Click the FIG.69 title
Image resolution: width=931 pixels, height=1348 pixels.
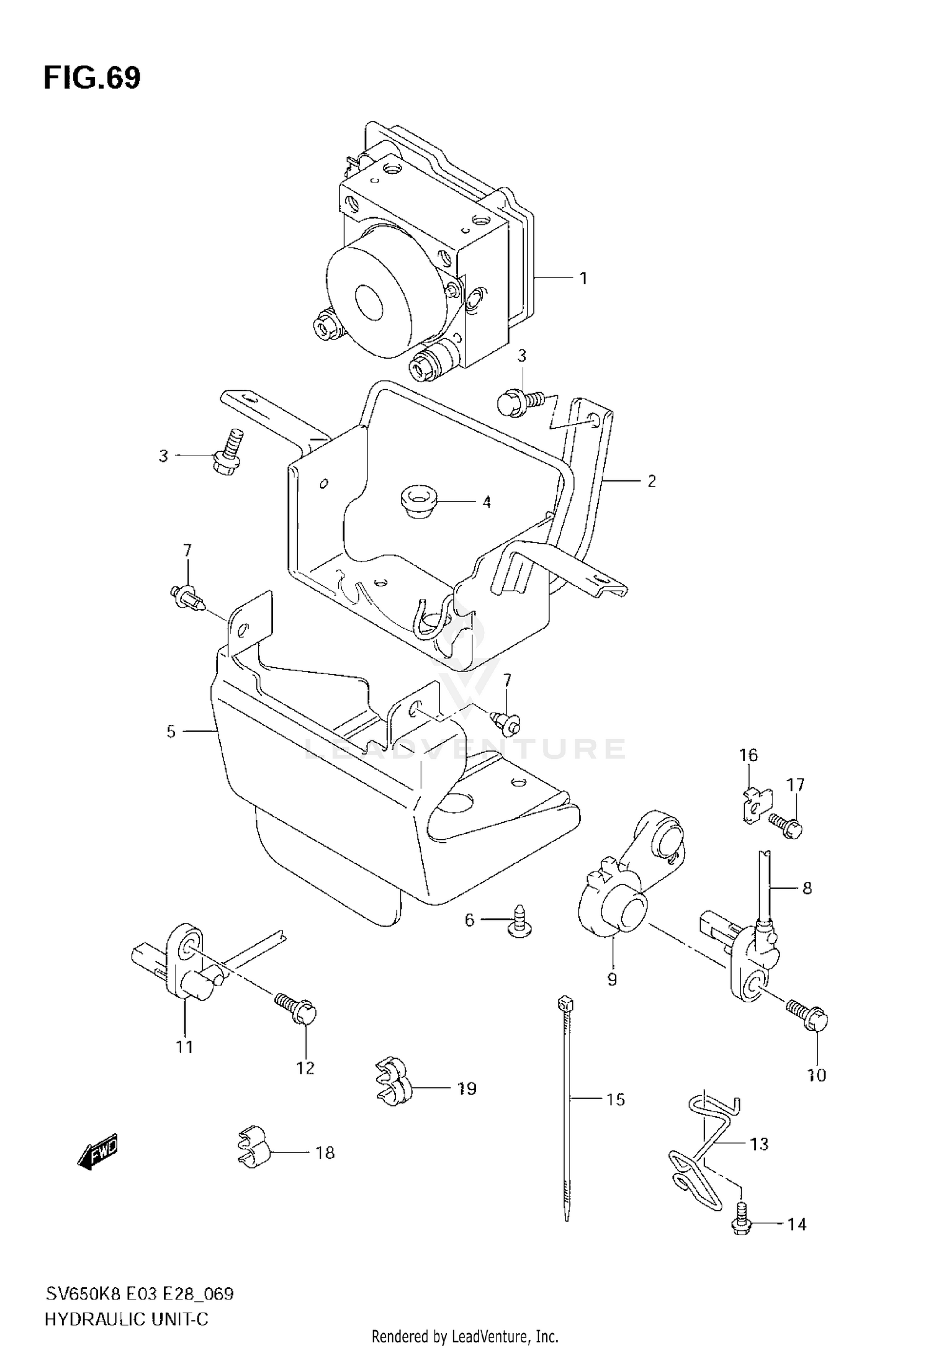tap(92, 78)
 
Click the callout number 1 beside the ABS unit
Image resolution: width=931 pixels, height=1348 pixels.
tap(583, 279)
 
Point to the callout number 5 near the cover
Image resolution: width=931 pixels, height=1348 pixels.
tap(171, 732)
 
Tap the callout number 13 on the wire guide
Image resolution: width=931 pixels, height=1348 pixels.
tap(759, 1143)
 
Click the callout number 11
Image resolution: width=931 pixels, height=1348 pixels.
tap(184, 1047)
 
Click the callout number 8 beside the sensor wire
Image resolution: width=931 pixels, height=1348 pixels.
tap(807, 888)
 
